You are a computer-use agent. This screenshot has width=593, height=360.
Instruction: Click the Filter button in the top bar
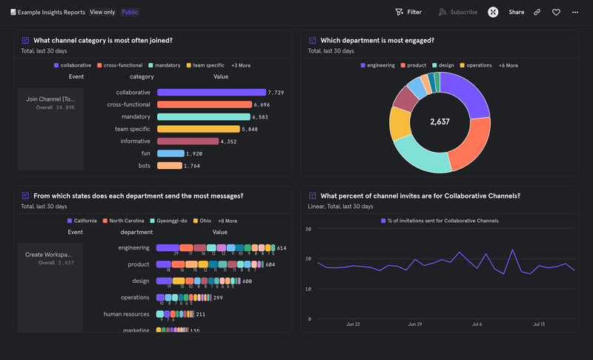click(408, 12)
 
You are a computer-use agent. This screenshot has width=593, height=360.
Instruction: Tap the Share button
click(516, 12)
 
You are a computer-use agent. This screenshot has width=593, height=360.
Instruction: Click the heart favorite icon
click(556, 12)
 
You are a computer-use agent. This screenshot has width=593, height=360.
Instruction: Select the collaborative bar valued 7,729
click(211, 93)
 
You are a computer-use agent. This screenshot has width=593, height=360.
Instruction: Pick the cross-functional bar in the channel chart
click(203, 104)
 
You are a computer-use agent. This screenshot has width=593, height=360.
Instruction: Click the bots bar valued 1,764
click(169, 166)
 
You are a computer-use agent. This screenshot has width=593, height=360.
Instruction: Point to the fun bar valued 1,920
click(170, 153)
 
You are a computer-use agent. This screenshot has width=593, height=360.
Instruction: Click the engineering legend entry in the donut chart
click(378, 65)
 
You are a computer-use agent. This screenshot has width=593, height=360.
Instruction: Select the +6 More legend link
click(508, 65)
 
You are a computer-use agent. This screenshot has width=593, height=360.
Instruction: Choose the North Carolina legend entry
click(124, 221)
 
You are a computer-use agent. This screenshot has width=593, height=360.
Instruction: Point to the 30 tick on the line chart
click(308, 230)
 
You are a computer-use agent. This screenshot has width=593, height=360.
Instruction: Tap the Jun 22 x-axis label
click(353, 324)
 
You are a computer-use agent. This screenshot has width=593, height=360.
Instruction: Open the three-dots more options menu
click(575, 12)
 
